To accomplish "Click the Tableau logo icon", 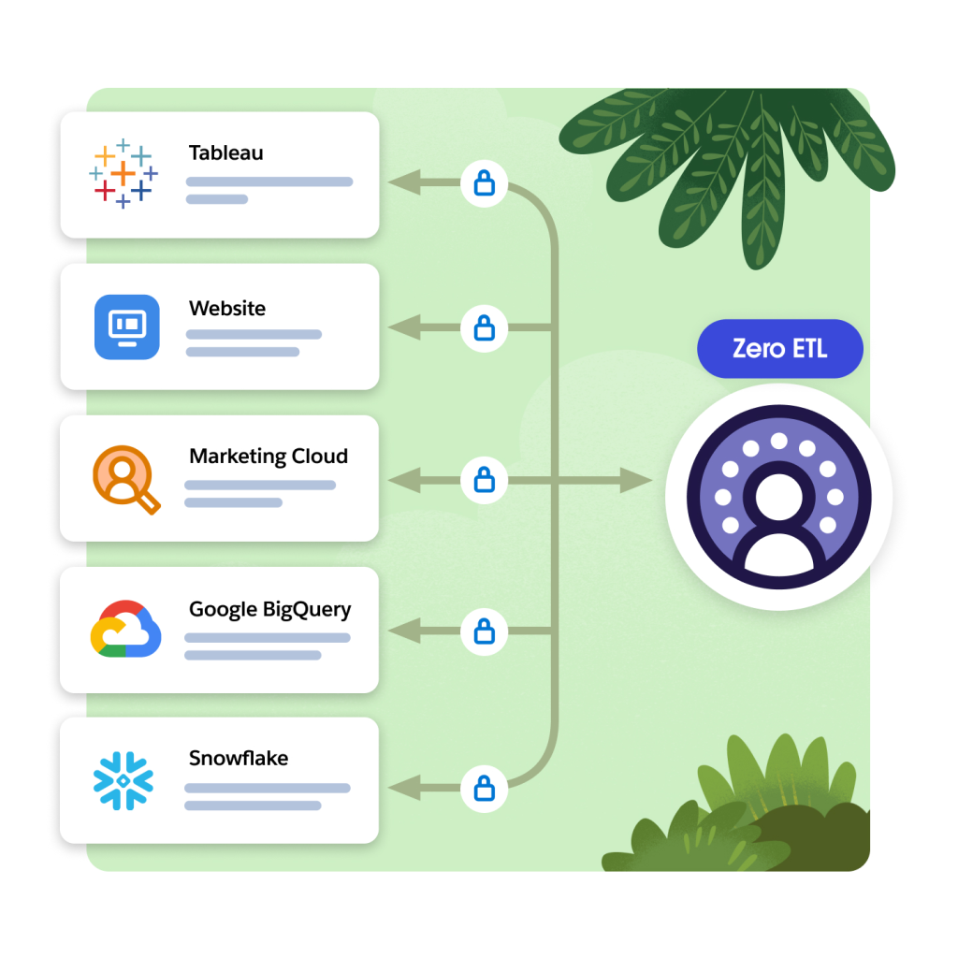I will (x=123, y=174).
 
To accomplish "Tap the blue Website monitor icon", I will (x=127, y=327).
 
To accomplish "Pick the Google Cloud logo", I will (x=125, y=630).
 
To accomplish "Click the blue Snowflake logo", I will (x=123, y=781).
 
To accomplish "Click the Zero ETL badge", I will (x=779, y=349).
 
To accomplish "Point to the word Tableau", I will (x=225, y=152).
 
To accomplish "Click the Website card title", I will (x=227, y=308).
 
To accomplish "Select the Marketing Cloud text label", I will (x=269, y=457).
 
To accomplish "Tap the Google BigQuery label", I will (x=269, y=610).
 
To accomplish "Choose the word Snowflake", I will (x=239, y=758).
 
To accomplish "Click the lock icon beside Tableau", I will (x=484, y=183).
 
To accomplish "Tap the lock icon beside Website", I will (x=484, y=327).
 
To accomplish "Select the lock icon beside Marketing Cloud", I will (x=484, y=480).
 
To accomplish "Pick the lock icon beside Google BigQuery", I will (x=484, y=632).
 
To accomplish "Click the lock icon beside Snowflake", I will (x=484, y=788).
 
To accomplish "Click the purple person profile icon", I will (x=778, y=497).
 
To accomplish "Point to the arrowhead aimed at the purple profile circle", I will (x=637, y=481).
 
